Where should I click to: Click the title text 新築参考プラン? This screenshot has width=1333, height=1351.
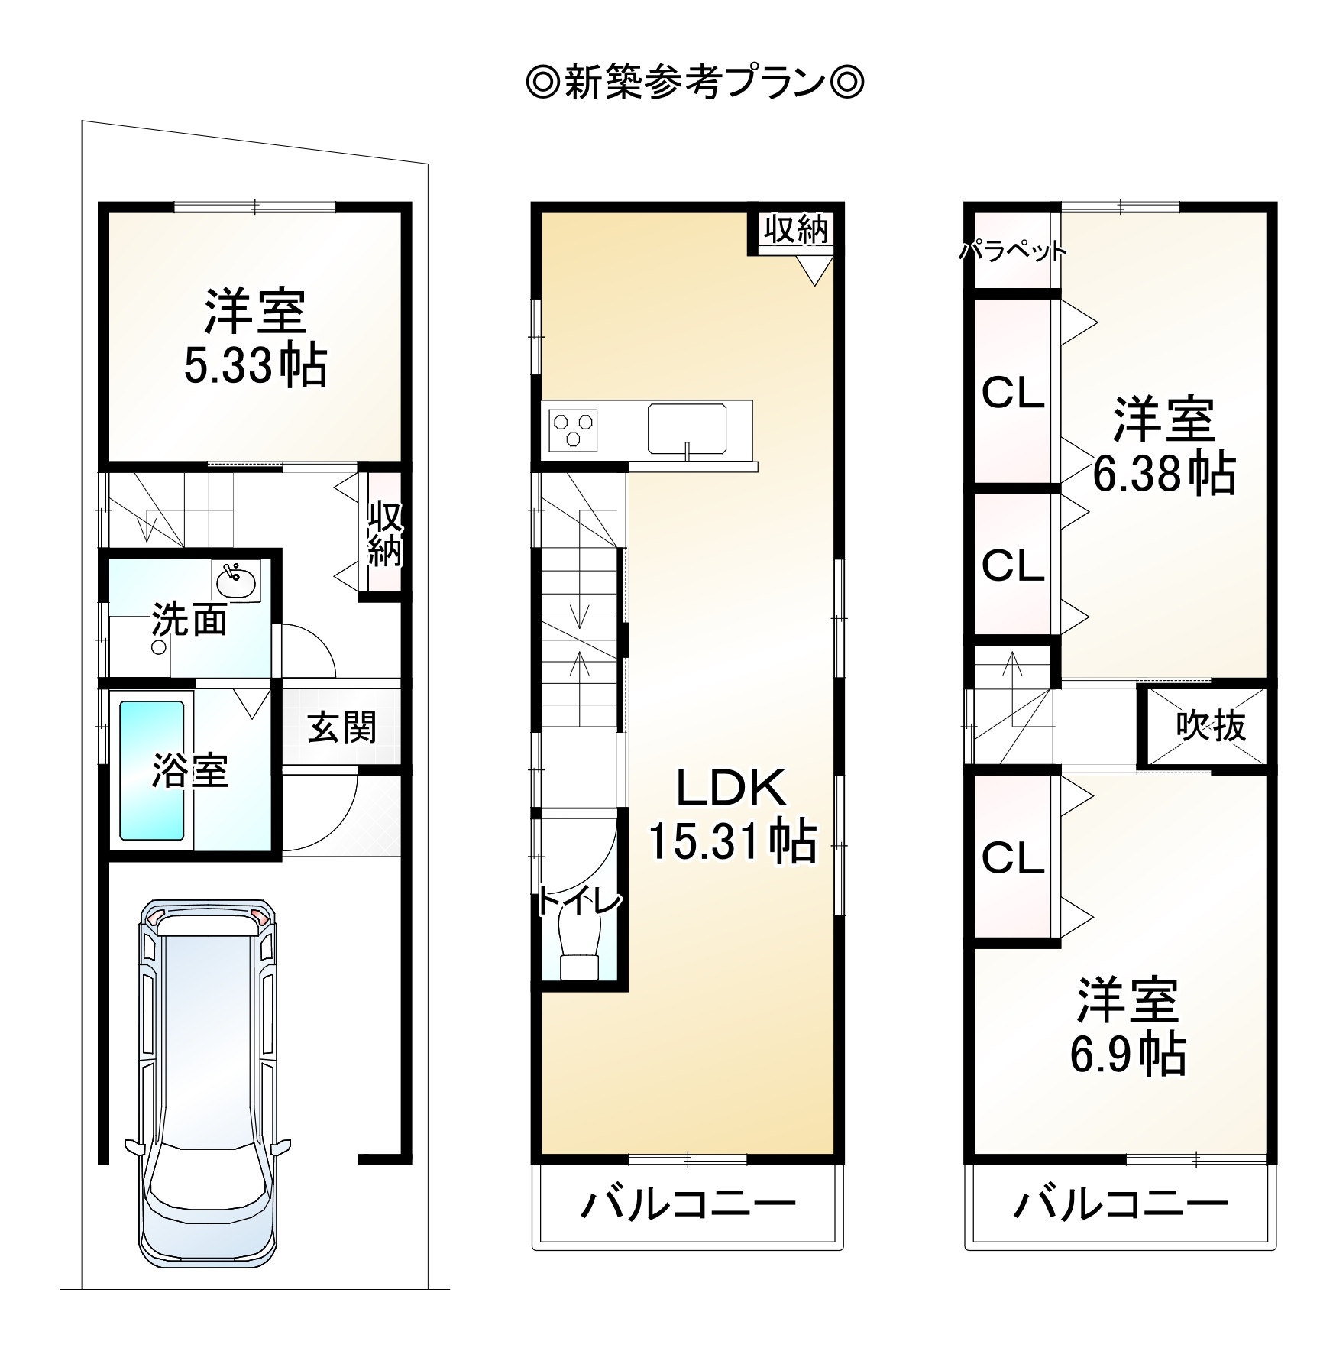(x=694, y=83)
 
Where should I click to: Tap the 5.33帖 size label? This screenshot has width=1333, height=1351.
(x=255, y=366)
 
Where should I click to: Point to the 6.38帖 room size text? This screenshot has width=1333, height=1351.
(x=1163, y=474)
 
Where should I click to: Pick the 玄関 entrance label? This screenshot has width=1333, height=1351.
(x=341, y=727)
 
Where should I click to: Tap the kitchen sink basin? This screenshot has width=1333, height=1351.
(x=687, y=428)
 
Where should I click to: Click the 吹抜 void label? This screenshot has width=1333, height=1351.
(x=1211, y=727)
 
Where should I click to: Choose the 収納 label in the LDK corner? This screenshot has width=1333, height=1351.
(x=797, y=228)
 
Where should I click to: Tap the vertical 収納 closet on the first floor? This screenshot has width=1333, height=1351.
(x=385, y=533)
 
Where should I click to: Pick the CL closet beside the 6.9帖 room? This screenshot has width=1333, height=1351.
(x=1012, y=857)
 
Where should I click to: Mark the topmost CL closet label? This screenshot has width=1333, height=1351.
(x=1012, y=393)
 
